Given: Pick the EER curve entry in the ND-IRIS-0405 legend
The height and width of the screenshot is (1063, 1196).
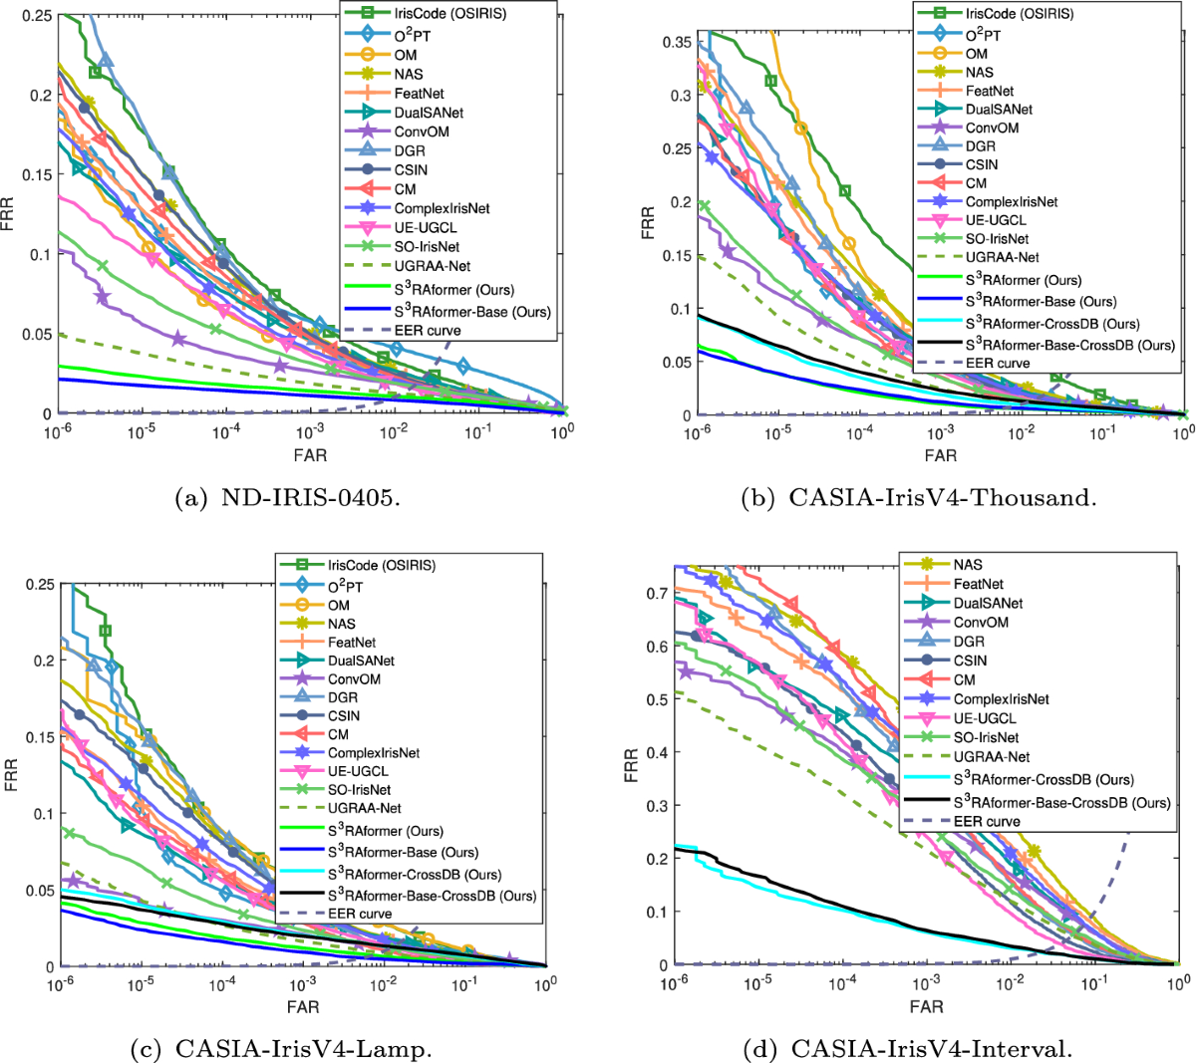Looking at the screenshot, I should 428,330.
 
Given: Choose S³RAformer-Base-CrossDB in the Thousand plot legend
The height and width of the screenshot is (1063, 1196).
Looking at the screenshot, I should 1069,345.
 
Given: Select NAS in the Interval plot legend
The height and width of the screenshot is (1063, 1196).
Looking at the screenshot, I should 968,564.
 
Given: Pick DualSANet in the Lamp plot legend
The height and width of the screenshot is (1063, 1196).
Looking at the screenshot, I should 361,661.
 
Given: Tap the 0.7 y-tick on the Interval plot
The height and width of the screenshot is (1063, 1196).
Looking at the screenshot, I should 656,593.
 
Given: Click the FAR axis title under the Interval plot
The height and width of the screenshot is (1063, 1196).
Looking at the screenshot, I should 926,1006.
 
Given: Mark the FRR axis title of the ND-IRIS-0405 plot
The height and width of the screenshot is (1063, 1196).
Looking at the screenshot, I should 10,214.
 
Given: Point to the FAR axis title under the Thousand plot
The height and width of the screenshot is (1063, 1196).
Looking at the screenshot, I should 940,455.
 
